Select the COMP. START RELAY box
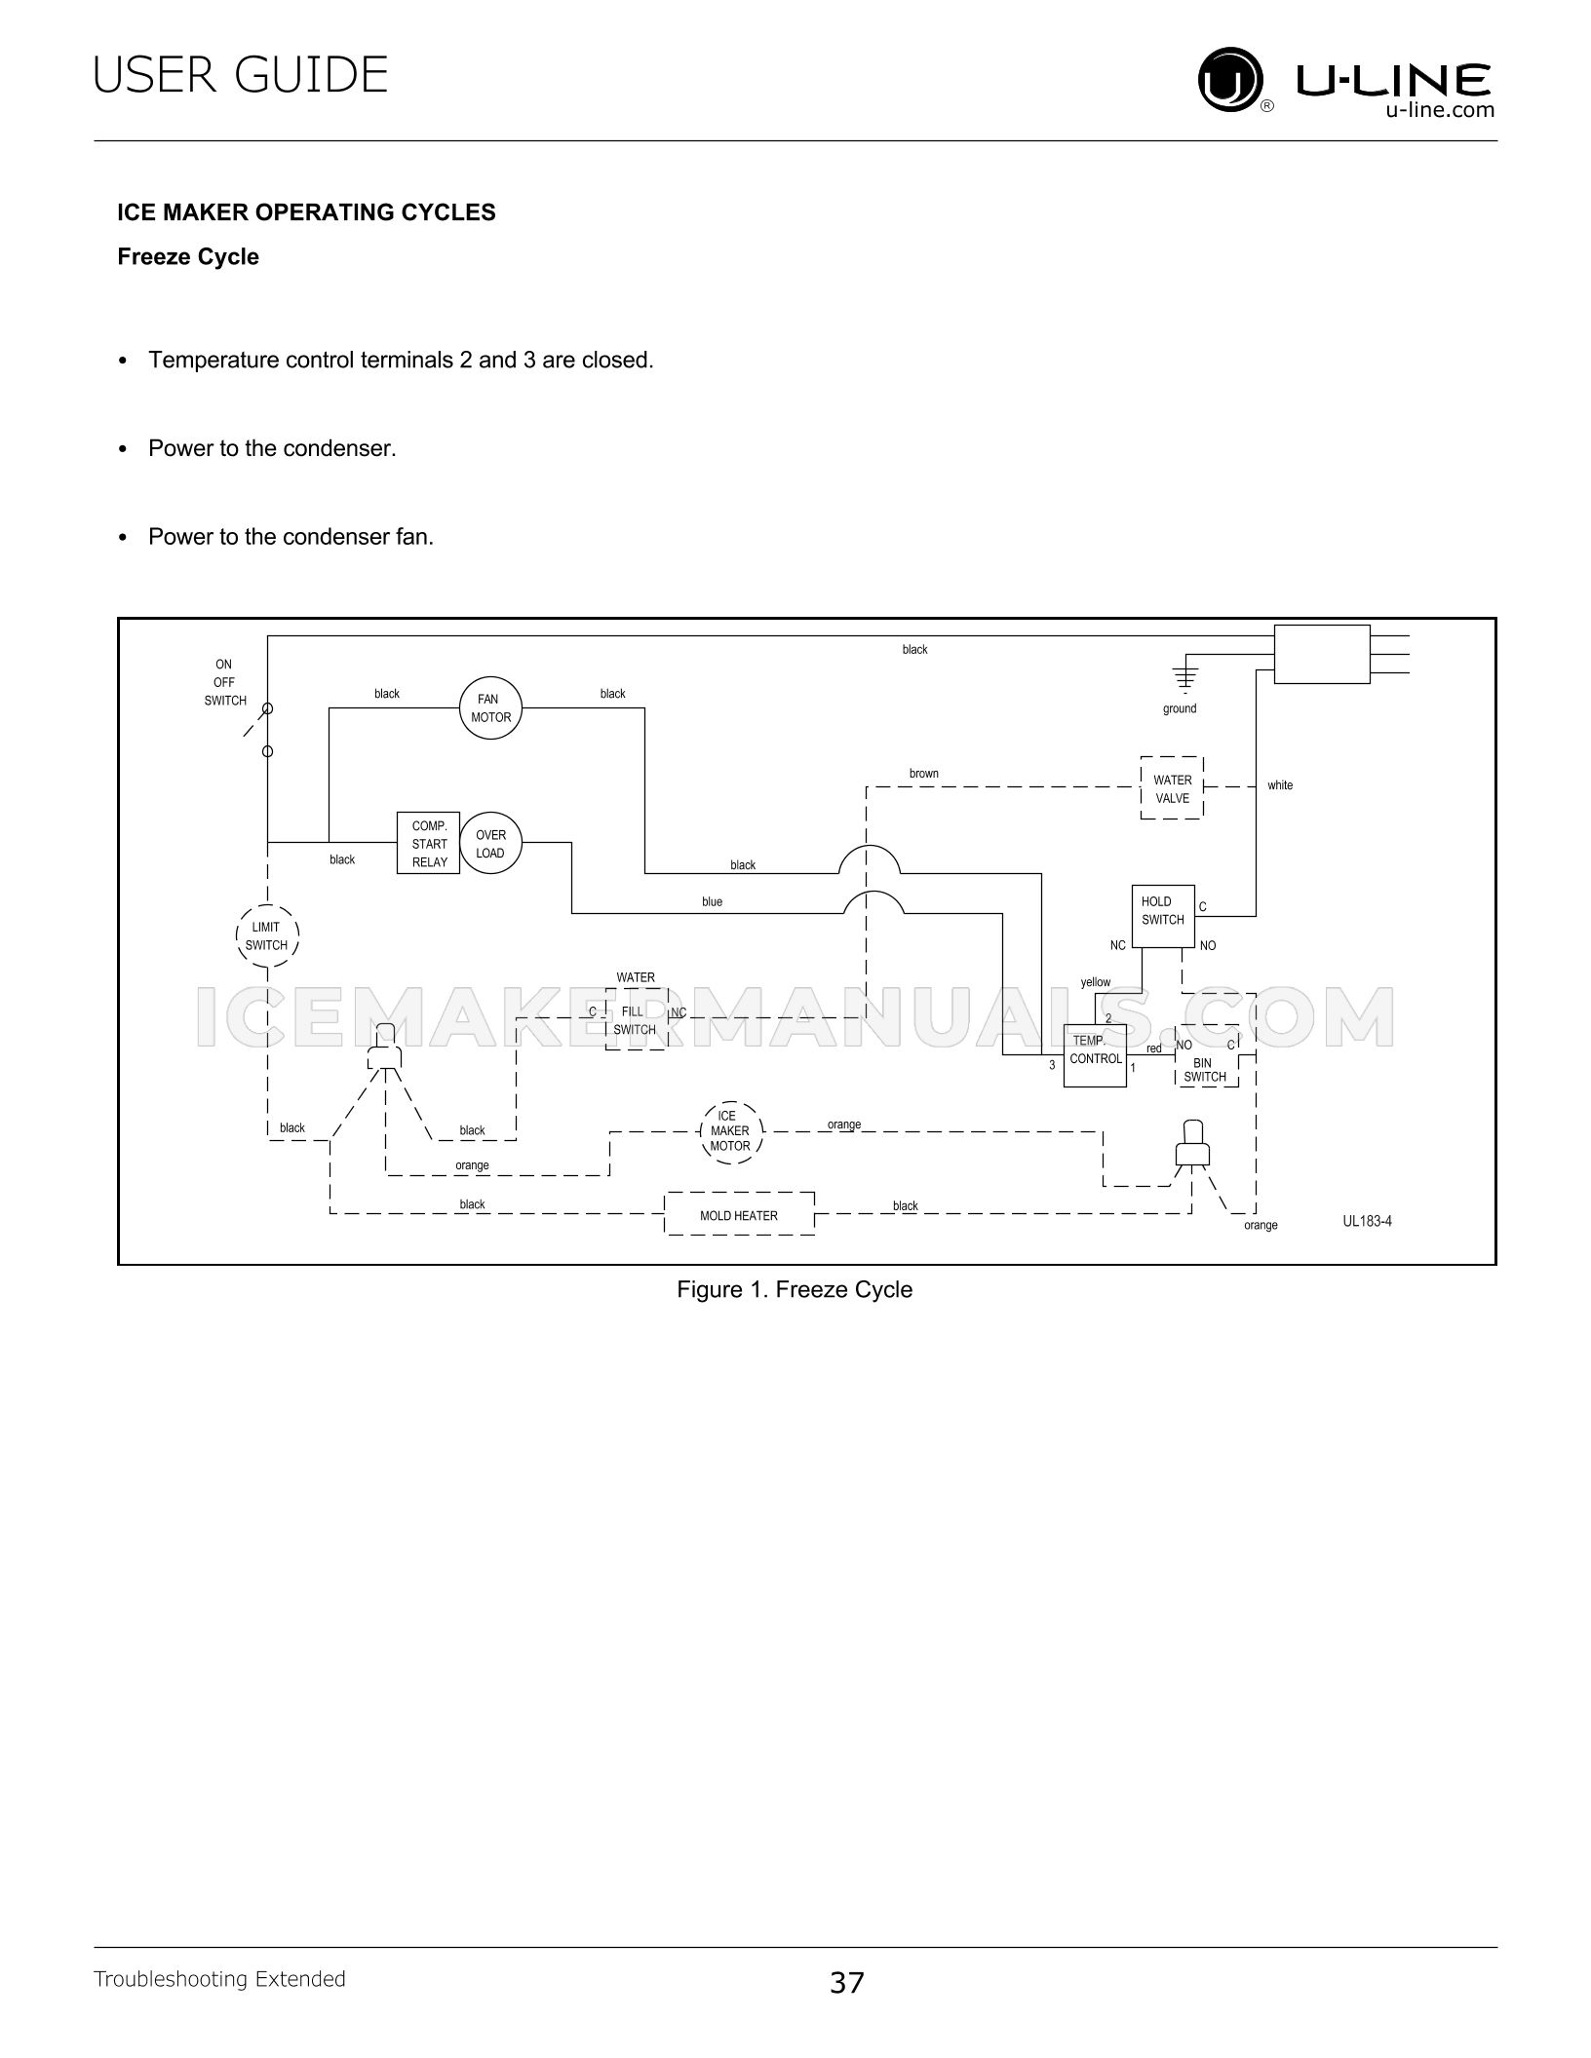tap(428, 843)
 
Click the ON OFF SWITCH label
tap(225, 682)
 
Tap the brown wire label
tap(924, 774)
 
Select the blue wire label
tap(713, 902)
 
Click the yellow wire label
tap(1096, 982)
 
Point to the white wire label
tap(1280, 785)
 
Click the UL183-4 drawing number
tap(1367, 1221)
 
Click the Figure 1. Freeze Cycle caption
tap(795, 1289)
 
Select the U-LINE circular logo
tap(1230, 82)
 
